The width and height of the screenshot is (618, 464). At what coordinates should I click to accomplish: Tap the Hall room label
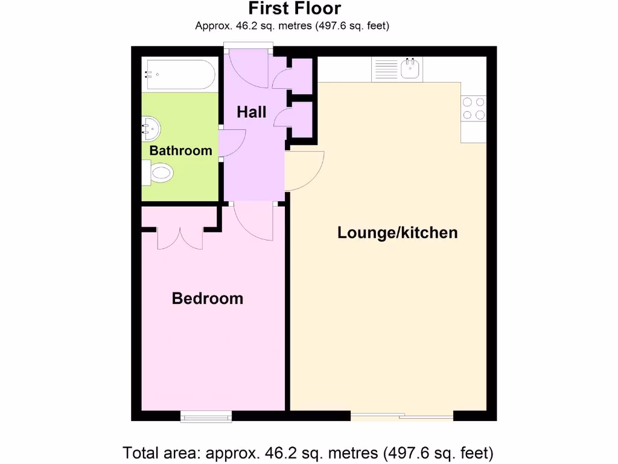251,112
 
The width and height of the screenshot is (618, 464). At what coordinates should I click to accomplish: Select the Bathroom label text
180,150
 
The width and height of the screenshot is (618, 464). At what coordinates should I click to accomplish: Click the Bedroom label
208,298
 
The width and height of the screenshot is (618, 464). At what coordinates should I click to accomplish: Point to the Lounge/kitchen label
397,233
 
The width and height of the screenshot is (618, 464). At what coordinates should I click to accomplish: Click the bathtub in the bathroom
179,75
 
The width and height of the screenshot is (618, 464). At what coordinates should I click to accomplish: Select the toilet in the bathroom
158,174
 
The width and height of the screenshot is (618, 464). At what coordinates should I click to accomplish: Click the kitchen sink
411,68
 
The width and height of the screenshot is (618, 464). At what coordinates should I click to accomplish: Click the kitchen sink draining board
386,68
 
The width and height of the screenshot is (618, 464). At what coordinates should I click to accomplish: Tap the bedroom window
206,416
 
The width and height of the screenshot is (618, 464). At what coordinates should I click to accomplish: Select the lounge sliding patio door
402,416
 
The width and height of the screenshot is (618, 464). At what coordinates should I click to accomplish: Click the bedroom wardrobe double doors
180,237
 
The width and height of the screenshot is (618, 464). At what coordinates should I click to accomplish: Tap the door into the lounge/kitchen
305,171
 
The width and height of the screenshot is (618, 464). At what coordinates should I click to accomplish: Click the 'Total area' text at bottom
308,452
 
